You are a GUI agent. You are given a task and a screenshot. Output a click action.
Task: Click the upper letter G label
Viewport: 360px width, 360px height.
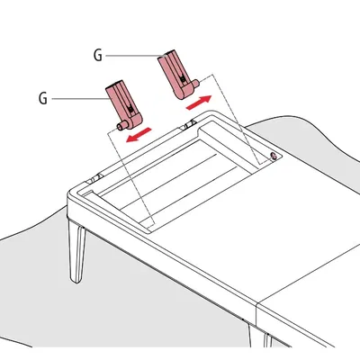[x=98, y=56]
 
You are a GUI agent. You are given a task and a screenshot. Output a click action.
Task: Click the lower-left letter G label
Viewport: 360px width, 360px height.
[x=43, y=99]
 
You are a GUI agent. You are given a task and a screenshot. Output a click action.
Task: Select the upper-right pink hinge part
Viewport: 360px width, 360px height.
[x=177, y=75]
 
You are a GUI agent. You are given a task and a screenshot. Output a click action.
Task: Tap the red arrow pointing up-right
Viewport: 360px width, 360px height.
[x=199, y=103]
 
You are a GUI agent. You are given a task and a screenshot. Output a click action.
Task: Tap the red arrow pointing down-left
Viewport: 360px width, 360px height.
[x=139, y=135]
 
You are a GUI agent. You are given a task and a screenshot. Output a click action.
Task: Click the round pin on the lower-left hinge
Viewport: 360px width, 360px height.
[x=121, y=127]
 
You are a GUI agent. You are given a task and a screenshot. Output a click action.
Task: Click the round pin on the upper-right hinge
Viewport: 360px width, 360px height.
[x=195, y=84]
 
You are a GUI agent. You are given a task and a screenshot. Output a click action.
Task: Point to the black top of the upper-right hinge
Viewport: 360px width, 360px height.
[x=168, y=53]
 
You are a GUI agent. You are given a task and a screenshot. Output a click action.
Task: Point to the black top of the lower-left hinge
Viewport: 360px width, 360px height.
[x=114, y=83]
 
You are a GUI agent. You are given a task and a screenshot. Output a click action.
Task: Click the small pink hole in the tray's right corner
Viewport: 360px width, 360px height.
[x=274, y=156]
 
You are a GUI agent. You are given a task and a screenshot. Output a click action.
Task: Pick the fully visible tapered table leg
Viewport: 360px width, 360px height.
[x=77, y=250]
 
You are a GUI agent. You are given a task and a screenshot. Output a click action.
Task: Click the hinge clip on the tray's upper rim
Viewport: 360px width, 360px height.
[x=189, y=124]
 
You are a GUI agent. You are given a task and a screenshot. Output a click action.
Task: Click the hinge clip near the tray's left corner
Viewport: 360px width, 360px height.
[x=94, y=178]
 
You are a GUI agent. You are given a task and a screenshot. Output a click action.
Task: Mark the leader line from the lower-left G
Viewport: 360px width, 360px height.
[x=80, y=99]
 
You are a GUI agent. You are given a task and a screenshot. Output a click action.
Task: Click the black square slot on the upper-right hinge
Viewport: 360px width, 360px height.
[x=182, y=78]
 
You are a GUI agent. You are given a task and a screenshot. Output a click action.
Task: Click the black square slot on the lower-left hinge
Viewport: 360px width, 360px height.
[x=130, y=110]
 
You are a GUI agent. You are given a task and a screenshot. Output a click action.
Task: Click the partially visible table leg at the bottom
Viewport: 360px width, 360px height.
[x=267, y=340]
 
